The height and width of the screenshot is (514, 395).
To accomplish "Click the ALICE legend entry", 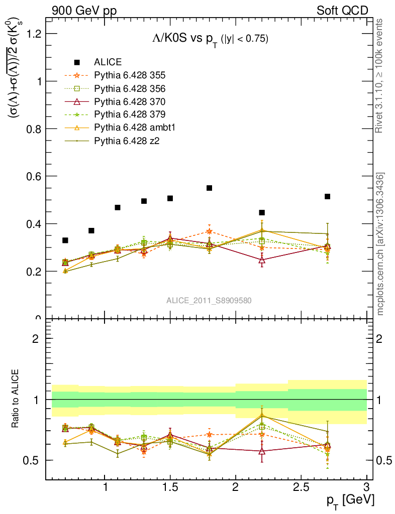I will click(108, 62).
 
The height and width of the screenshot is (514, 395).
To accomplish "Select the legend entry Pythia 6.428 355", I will click(130, 75).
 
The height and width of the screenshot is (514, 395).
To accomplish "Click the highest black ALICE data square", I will click(210, 188).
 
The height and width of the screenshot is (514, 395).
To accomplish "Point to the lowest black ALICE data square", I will click(65, 240).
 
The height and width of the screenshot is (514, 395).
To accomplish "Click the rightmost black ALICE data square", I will click(327, 196).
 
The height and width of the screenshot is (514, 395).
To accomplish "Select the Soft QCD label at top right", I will click(342, 11).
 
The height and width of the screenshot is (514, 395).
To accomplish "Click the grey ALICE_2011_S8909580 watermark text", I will click(209, 301).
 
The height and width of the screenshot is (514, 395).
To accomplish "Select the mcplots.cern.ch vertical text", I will click(380, 244).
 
